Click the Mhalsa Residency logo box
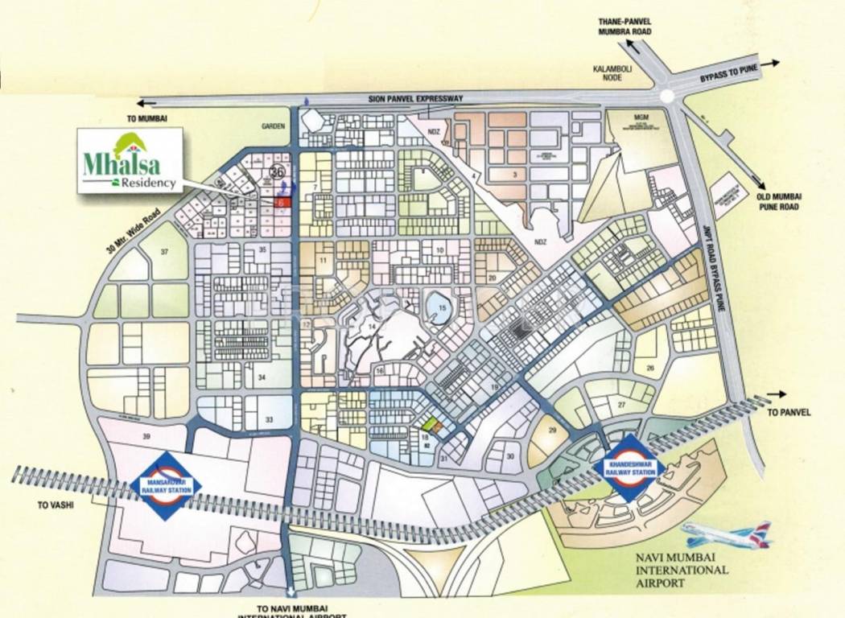point(129,161)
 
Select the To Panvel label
point(789,413)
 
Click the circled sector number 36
point(278,171)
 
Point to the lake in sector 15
point(438,307)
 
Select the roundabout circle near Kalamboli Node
point(666,96)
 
